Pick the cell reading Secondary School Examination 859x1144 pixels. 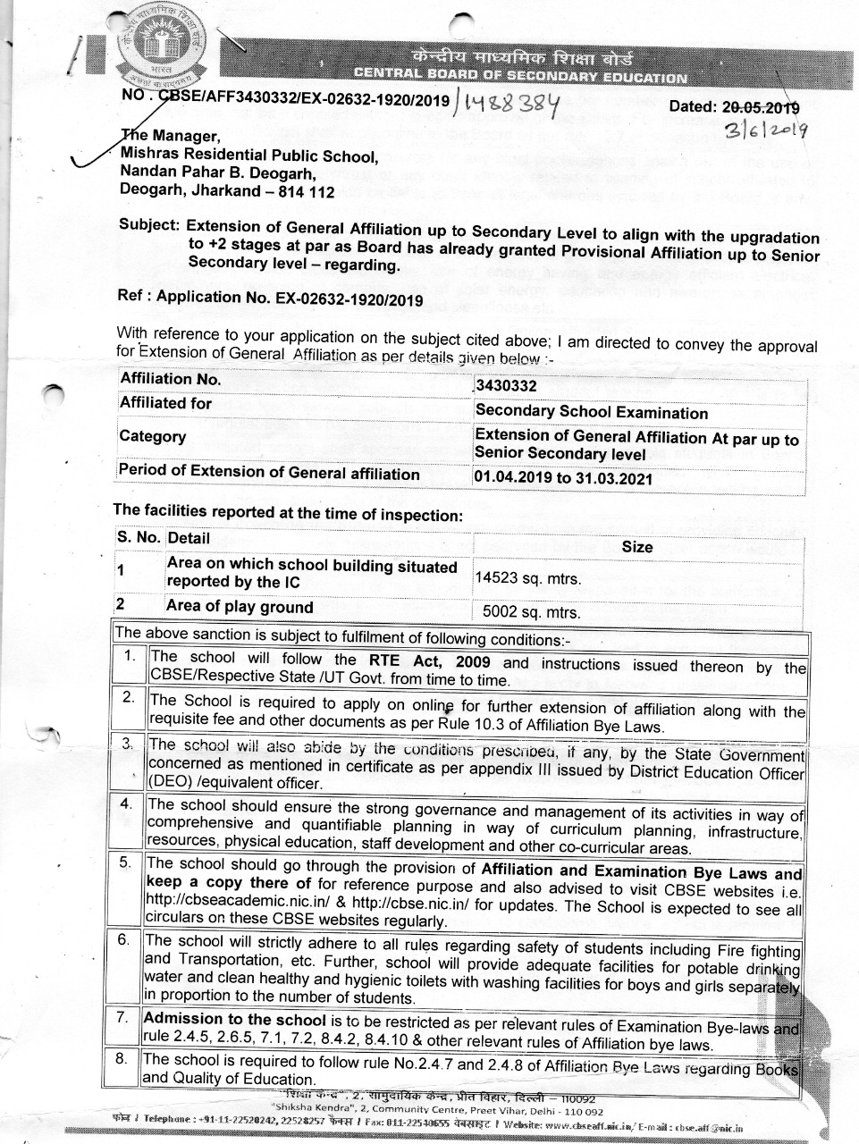[592, 412]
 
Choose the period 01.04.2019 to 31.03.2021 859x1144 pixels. [563, 478]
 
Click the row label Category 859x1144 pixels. [153, 436]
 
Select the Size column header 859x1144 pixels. [636, 546]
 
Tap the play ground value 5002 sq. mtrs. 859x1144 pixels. [531, 613]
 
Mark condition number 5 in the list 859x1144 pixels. [127, 862]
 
